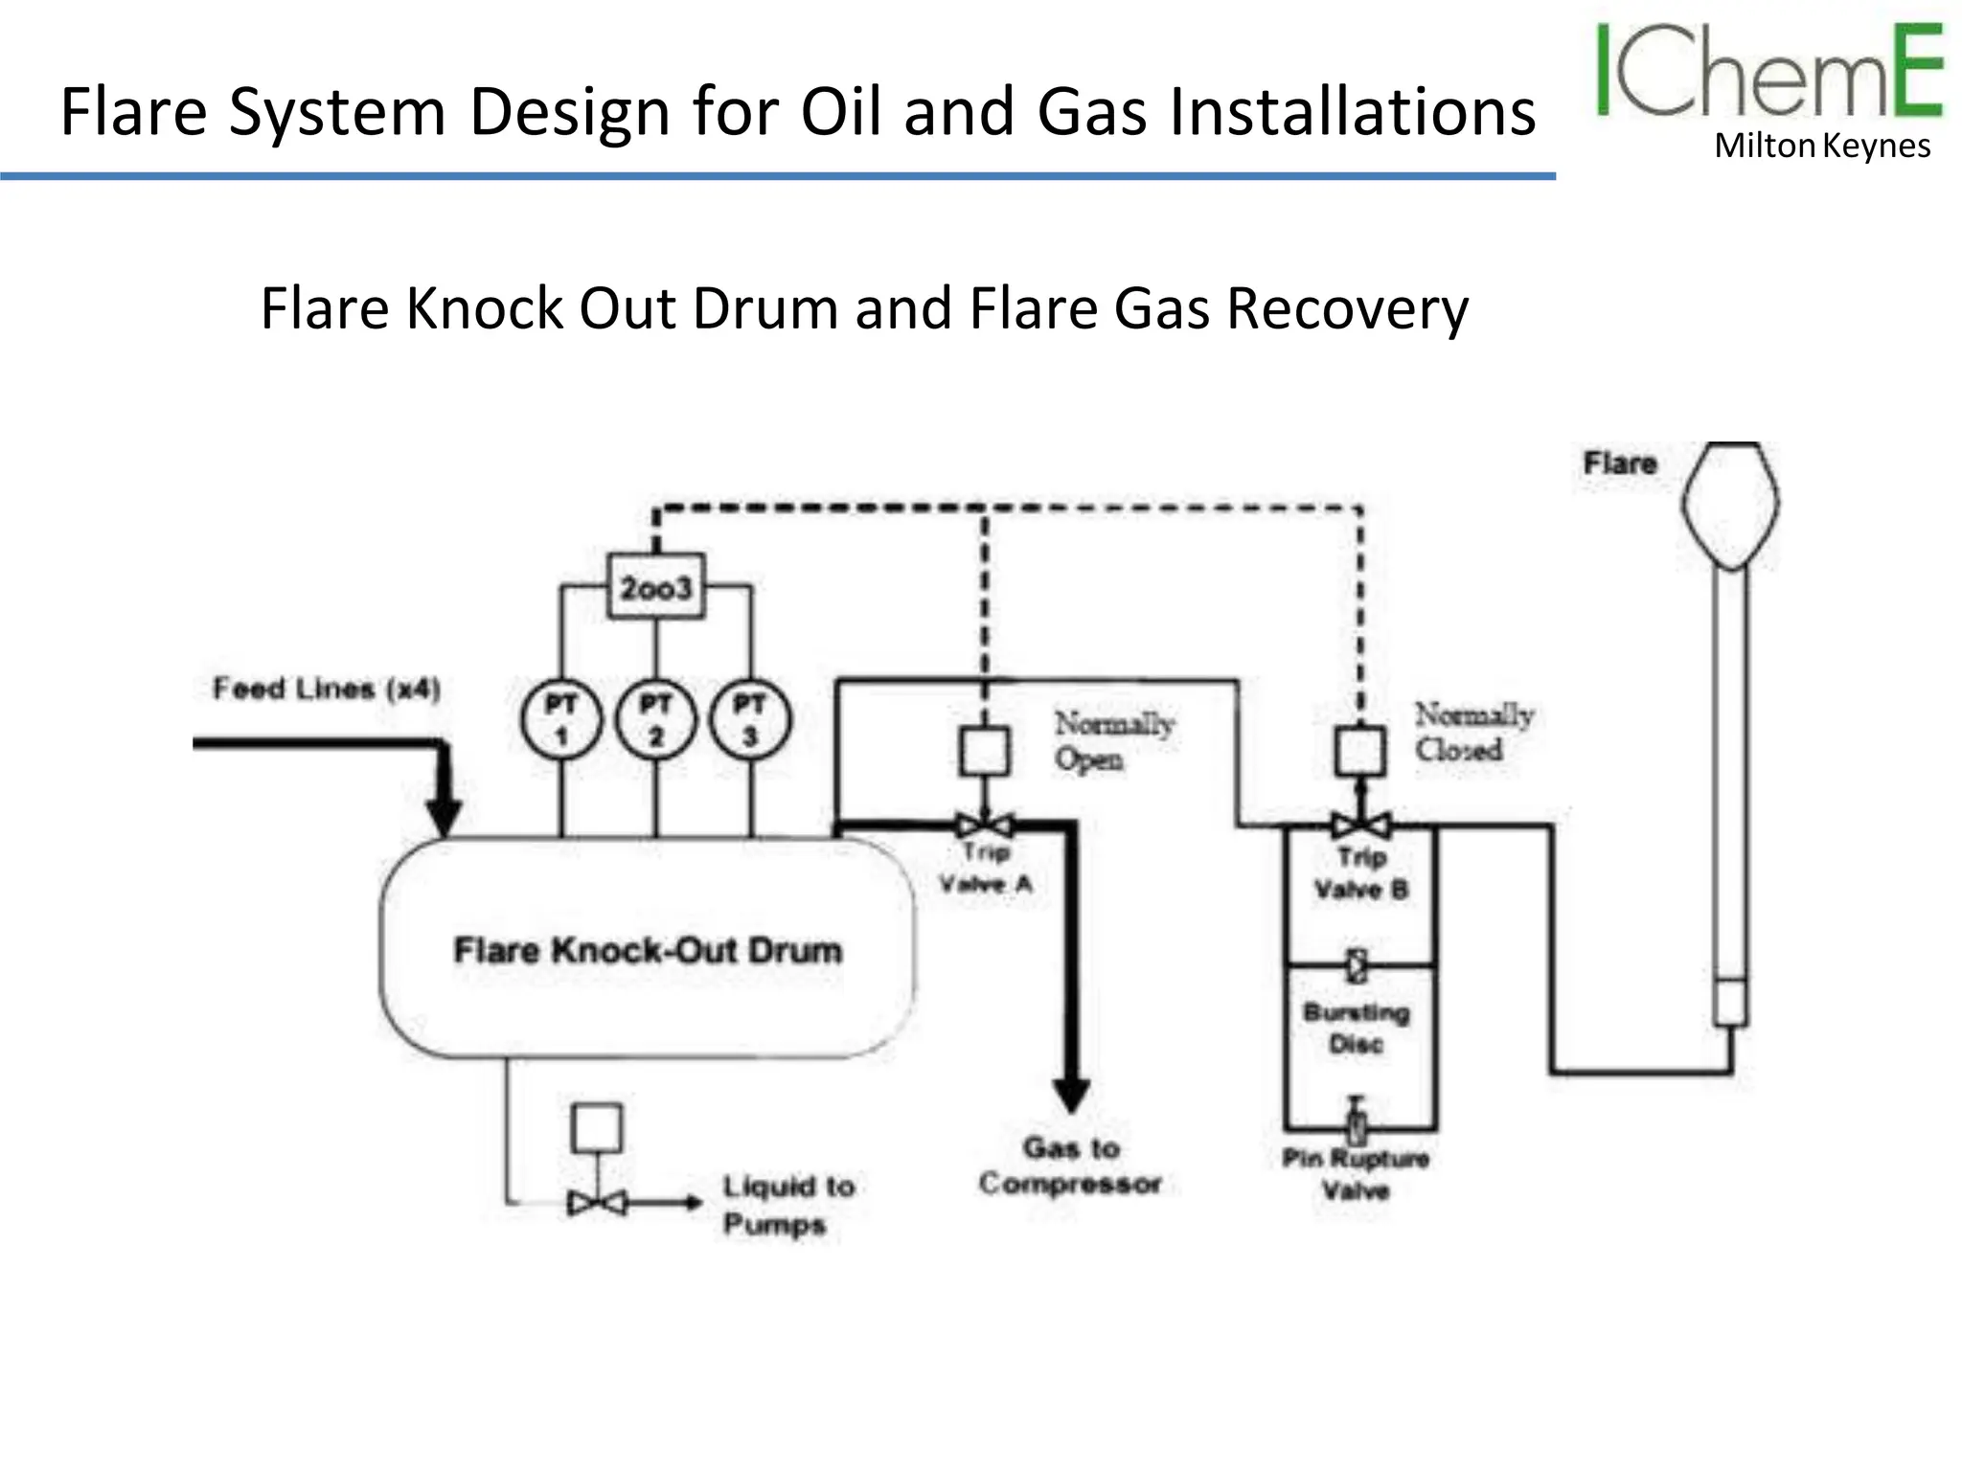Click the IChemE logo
click(x=1768, y=72)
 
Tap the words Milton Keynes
click(x=1821, y=147)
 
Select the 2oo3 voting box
click(x=656, y=586)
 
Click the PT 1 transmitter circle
click(x=561, y=720)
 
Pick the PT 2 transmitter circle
click(x=656, y=720)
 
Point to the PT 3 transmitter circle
click(x=750, y=720)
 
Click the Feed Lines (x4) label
click(x=326, y=689)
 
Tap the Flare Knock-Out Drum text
click(x=648, y=951)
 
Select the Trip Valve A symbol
click(x=985, y=825)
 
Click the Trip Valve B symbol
click(x=1360, y=825)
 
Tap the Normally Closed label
click(x=1473, y=732)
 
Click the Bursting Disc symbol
click(x=1357, y=965)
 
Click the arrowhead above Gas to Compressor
click(x=1071, y=1095)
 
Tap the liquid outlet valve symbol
click(x=596, y=1203)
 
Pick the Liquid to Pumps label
click(x=787, y=1205)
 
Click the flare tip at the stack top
click(x=1731, y=503)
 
